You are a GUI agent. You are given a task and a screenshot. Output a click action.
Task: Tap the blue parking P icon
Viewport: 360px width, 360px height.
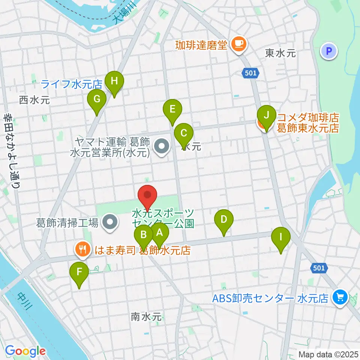329,51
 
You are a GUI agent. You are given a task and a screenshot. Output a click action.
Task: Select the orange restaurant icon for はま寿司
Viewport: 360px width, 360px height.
82,249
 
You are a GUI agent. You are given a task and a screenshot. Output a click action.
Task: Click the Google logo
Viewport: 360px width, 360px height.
25,351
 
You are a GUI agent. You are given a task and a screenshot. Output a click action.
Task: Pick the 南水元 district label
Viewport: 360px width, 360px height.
146,317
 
